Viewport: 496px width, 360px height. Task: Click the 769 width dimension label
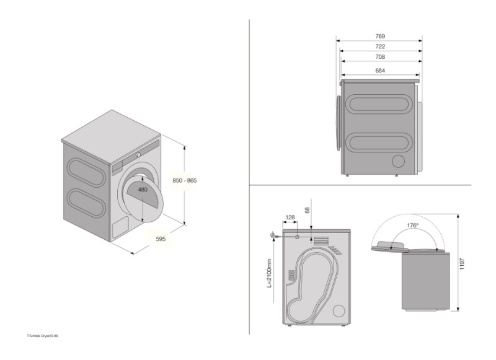pos(379,37)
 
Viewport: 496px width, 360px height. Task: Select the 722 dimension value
pos(379,46)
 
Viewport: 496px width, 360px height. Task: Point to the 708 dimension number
pos(379,57)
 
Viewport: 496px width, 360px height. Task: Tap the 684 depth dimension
pos(379,71)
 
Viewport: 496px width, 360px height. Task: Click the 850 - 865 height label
pos(184,180)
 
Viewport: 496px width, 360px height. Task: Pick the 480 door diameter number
pos(143,190)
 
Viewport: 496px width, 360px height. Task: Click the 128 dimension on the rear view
pos(290,217)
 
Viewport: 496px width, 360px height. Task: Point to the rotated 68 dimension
pos(308,211)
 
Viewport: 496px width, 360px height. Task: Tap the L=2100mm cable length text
pos(270,273)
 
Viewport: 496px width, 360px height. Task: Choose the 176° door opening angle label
pos(413,226)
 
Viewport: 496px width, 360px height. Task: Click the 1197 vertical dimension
pos(464,263)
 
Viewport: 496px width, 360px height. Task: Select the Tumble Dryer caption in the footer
pos(43,336)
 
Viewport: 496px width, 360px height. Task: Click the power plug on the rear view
pos(273,234)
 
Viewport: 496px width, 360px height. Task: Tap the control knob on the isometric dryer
pos(139,154)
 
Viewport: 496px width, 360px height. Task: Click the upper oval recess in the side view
pos(378,103)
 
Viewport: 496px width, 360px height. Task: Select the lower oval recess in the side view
pos(378,142)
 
